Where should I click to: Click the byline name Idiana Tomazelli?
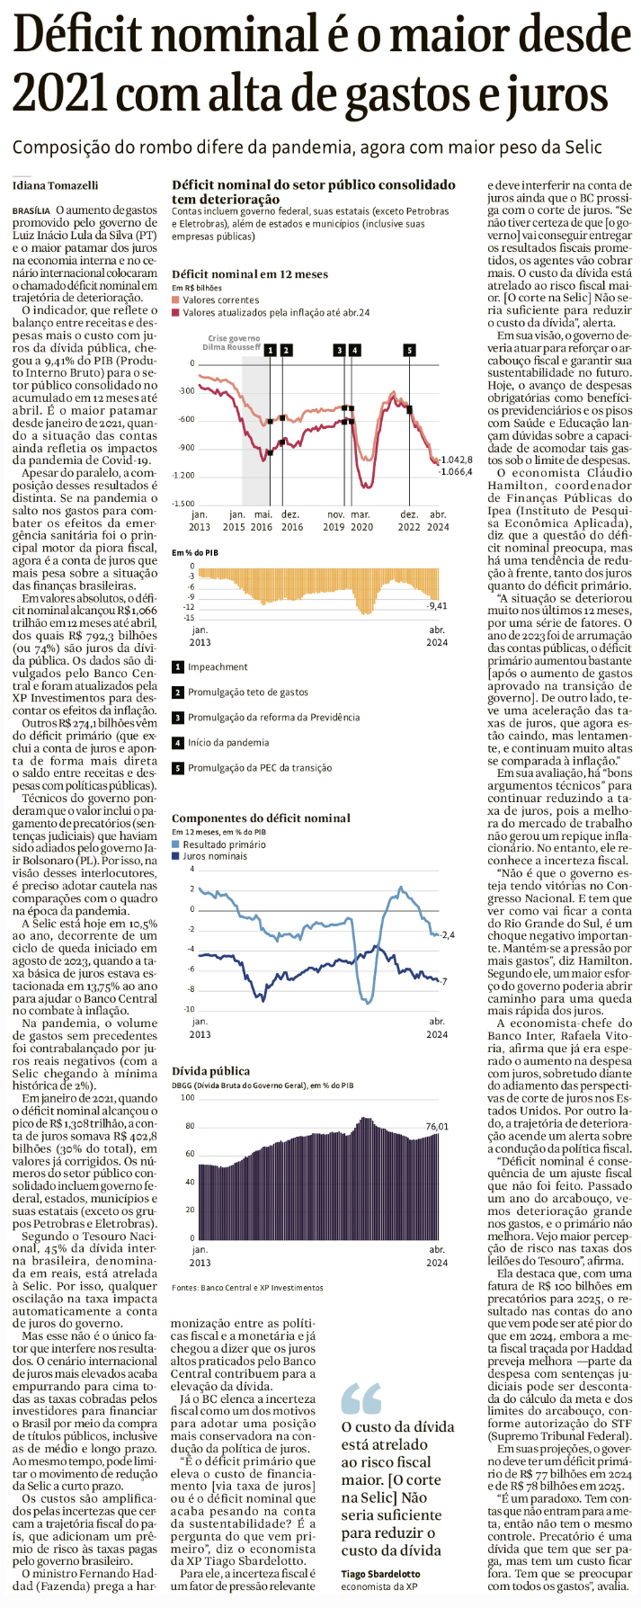point(56,186)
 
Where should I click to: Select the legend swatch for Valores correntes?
point(176,300)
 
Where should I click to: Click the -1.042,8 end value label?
point(456,459)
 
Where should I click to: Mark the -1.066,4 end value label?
point(456,471)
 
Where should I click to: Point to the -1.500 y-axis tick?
point(183,504)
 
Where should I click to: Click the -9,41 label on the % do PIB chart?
point(437,606)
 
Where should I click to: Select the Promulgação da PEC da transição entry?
point(260,768)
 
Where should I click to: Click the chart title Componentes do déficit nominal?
point(261,818)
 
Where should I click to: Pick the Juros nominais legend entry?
point(214,856)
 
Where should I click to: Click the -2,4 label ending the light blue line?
point(448,935)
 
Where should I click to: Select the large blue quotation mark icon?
point(361,1399)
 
